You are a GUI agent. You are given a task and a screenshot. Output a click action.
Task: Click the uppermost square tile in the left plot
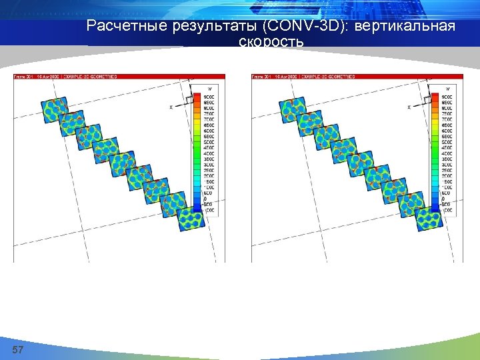[x=53, y=109]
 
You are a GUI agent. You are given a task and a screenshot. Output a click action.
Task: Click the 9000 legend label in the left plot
[x=209, y=97]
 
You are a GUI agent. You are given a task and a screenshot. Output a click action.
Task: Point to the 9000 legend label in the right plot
[x=446, y=97]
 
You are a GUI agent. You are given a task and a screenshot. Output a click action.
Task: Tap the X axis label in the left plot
[x=171, y=107]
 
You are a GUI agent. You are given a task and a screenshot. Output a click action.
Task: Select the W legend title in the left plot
[x=209, y=89]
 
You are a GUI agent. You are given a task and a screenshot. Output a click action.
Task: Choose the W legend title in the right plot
[x=447, y=89]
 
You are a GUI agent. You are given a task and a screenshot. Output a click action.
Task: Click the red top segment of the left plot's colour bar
[x=197, y=97]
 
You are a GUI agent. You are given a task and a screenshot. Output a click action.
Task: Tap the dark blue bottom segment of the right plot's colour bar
[x=435, y=209]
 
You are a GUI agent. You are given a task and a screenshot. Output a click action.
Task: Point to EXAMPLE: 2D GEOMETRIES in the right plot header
[x=327, y=77]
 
